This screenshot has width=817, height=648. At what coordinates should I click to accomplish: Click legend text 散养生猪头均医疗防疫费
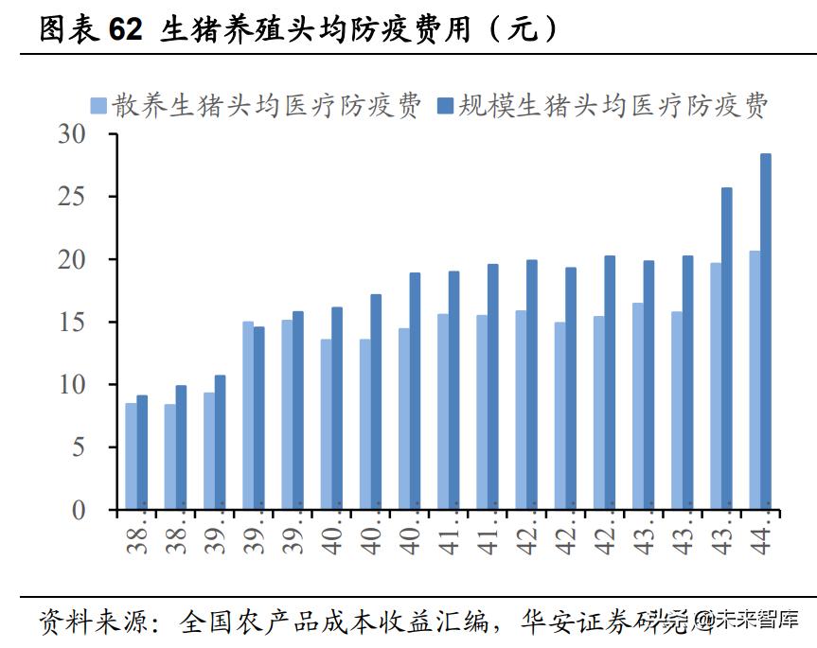pos(267,105)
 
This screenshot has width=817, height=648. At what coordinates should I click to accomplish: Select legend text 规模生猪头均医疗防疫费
pos(613,105)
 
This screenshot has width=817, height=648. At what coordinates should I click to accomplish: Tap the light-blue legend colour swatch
pos(98,106)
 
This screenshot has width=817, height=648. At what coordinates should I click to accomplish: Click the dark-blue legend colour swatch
pos(444,106)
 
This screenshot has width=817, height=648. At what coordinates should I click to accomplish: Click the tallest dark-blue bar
pos(766,331)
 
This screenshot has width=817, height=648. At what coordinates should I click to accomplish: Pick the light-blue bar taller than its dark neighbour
pos(248,415)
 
